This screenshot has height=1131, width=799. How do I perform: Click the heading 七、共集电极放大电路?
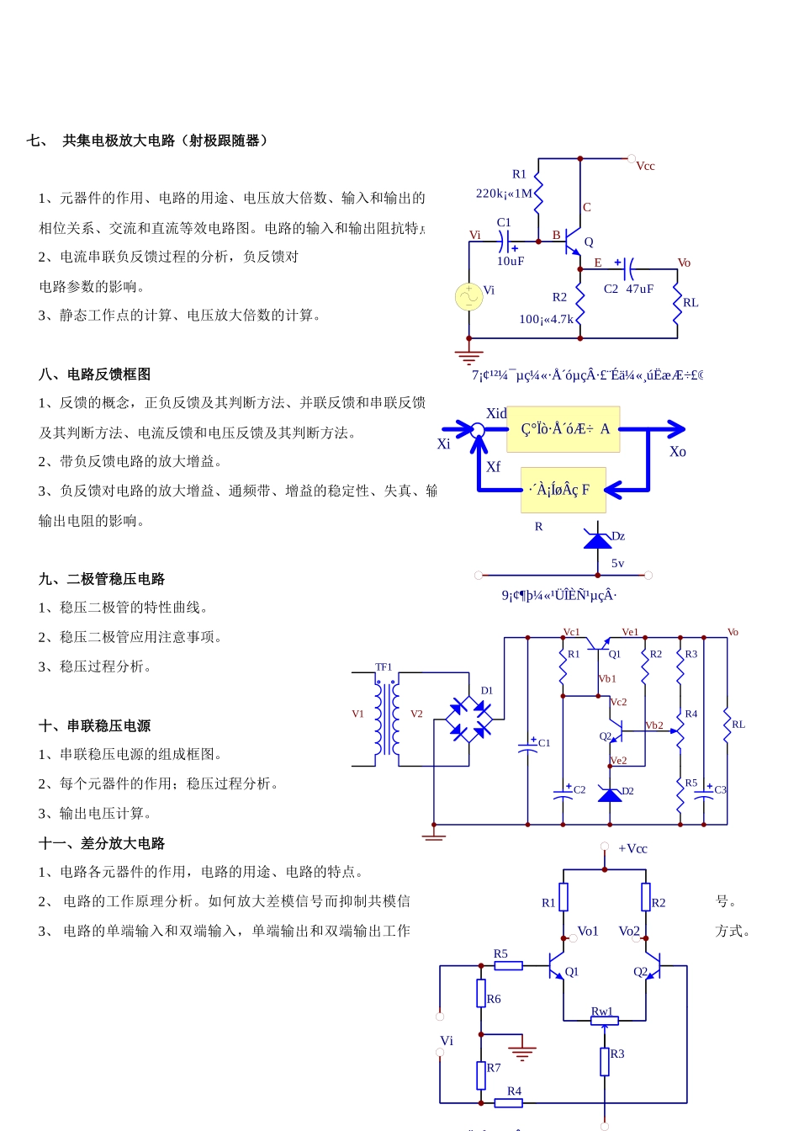coord(147,141)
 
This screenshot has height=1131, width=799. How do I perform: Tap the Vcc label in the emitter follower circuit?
coord(645,167)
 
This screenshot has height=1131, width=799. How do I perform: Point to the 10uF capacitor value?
coord(510,262)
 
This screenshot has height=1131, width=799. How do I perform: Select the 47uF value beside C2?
coord(639,289)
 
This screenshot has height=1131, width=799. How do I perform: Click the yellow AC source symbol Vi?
coord(468,296)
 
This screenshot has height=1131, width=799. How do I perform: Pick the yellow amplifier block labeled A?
coord(564,429)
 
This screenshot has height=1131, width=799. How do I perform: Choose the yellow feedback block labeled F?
coord(563,490)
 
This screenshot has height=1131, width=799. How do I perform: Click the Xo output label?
coord(677,452)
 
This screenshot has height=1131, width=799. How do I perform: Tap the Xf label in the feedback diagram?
coord(493,467)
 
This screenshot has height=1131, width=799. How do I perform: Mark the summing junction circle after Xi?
coord(478,430)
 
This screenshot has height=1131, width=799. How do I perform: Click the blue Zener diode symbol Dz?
coord(598,539)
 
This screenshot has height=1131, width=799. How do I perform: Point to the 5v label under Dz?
coord(617,564)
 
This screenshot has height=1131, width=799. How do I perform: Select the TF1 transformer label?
coord(384,667)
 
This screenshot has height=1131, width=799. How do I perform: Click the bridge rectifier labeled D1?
coord(470,719)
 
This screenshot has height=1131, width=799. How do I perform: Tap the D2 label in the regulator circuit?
coord(627,792)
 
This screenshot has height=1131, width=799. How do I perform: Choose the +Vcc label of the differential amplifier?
coord(632,849)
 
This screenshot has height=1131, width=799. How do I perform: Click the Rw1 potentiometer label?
coord(602,1012)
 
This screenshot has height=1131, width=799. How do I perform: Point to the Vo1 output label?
coord(588,932)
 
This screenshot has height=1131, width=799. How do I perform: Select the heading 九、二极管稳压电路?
coord(102,579)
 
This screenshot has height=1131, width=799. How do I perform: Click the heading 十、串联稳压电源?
coord(95,725)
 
